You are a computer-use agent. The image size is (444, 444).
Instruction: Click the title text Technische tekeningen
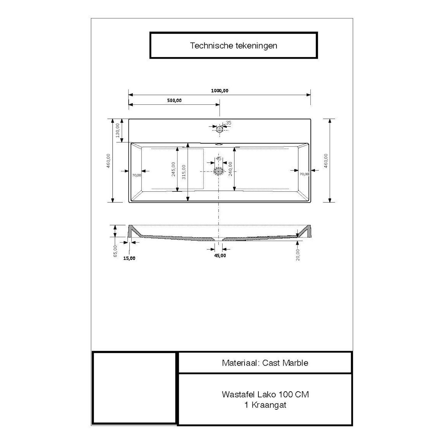[234, 46]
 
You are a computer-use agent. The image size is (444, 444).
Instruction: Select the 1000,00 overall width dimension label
[220, 91]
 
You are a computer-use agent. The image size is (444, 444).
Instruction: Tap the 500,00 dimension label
[174, 100]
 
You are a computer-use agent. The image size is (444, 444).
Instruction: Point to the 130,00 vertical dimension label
[118, 130]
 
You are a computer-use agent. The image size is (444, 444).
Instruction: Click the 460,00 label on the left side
[108, 161]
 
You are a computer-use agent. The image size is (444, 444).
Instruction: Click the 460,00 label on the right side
[326, 161]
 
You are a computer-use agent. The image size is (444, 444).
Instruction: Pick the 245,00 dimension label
[173, 169]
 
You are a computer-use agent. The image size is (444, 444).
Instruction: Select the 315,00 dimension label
[184, 172]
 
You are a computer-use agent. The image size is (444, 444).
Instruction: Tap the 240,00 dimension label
[230, 169]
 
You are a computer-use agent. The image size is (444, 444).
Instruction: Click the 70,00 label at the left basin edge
[136, 175]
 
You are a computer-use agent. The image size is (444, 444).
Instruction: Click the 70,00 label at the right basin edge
[304, 174]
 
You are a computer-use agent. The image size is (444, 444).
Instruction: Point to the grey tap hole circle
[219, 129]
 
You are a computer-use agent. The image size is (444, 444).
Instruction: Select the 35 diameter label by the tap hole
[229, 123]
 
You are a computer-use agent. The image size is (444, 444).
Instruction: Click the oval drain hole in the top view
[219, 171]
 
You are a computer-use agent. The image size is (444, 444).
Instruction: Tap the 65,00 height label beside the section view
[115, 251]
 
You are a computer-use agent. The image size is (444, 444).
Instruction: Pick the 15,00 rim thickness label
[129, 258]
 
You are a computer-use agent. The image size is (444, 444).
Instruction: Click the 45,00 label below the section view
[220, 255]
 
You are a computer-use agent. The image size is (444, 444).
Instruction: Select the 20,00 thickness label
[298, 255]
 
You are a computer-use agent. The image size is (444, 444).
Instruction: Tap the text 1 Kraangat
[265, 405]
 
